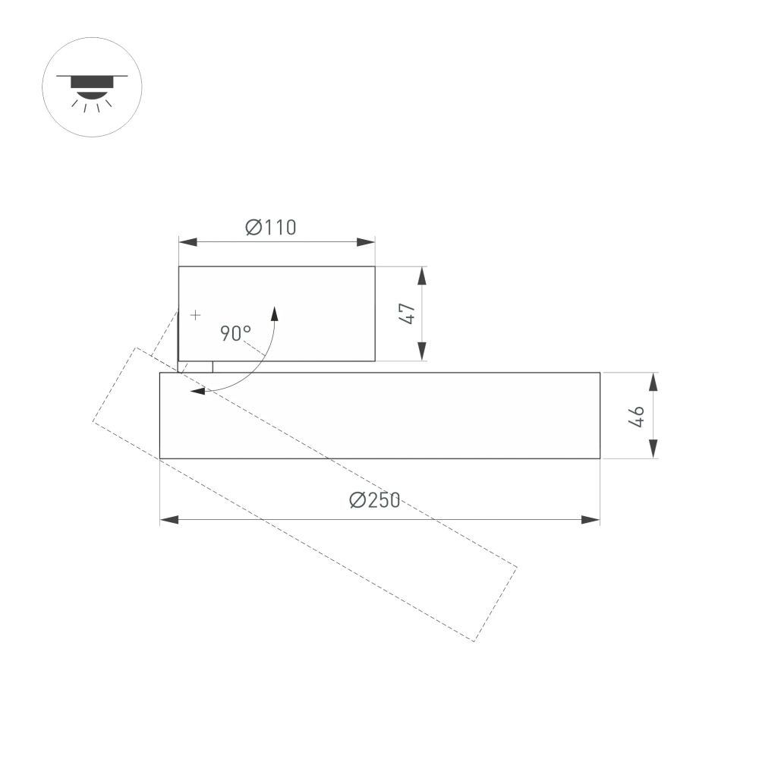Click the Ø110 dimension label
[271, 227]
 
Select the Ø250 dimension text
[375, 501]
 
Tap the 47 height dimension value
[408, 313]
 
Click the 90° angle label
[235, 333]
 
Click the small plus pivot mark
[196, 314]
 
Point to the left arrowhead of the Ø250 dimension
[168, 520]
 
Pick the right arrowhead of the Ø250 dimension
[591, 520]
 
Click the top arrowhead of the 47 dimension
[423, 276]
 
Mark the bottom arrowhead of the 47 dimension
[423, 352]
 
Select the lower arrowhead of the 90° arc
[197, 392]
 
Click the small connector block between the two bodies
[196, 367]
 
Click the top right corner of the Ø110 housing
[375, 266]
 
